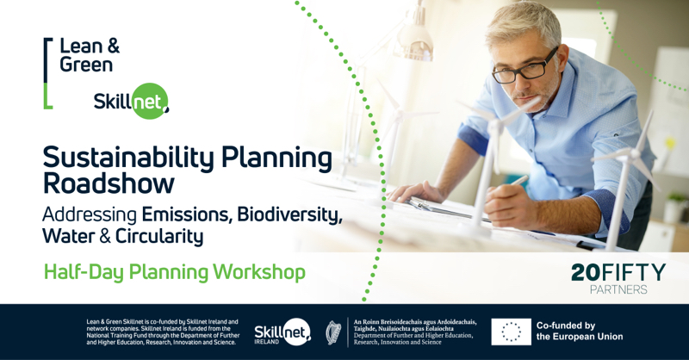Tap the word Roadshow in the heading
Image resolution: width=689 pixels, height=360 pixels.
pyautogui.click(x=109, y=183)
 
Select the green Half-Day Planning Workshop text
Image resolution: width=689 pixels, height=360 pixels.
pyautogui.click(x=175, y=271)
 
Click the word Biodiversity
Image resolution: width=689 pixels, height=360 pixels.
pyautogui.click(x=289, y=214)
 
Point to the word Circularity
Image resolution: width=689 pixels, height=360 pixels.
pyautogui.click(x=159, y=236)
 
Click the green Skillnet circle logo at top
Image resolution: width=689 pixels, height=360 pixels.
pyautogui.click(x=150, y=102)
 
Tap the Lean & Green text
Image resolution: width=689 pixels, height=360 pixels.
pyautogui.click(x=90, y=55)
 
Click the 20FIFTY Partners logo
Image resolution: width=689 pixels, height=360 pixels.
pyautogui.click(x=618, y=279)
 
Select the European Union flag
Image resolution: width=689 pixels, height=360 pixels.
pyautogui.click(x=511, y=332)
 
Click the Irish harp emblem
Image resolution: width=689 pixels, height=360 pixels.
pyautogui.click(x=333, y=332)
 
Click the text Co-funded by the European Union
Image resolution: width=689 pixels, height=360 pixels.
pyautogui.click(x=580, y=331)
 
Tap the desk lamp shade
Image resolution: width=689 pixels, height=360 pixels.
pyautogui.click(x=414, y=42)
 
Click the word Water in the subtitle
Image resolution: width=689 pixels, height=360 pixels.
pyautogui.click(x=69, y=236)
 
